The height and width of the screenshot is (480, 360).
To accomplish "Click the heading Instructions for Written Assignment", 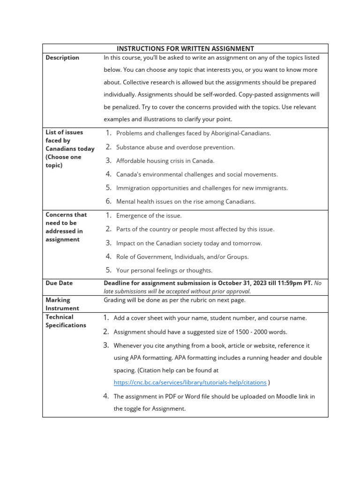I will pos(185,48).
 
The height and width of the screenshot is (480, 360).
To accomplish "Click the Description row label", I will pos(62,58).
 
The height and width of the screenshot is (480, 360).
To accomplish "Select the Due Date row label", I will pos(59,283).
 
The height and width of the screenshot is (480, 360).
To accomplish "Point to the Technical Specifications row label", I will pos(66,321).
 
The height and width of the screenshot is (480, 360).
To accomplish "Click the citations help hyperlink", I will pos(190,382).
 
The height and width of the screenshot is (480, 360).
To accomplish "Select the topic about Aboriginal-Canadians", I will pos(193,133).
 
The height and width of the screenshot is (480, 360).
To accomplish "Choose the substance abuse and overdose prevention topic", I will pos(175,147).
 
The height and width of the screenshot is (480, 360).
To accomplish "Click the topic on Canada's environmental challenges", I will pos(196,174).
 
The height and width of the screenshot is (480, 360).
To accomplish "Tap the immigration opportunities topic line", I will pos(202,188).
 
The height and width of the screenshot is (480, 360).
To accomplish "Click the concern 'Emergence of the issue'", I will pos(149,216).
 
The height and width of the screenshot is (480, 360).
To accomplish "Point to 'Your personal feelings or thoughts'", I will pos(164,270).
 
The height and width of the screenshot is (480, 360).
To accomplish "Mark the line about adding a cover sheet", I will pos(210,318).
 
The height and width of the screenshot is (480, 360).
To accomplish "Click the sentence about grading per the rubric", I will pos(174,300).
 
